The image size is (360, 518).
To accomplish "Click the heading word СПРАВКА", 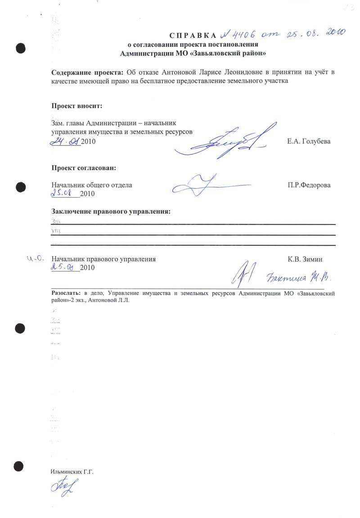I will (193, 36).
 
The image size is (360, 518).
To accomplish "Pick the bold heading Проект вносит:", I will (77, 106).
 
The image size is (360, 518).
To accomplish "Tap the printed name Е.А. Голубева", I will (308, 141).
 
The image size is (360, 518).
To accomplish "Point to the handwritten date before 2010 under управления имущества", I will (66, 141).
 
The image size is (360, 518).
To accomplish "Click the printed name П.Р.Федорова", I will (309, 185).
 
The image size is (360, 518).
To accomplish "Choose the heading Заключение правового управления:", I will (111, 211).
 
